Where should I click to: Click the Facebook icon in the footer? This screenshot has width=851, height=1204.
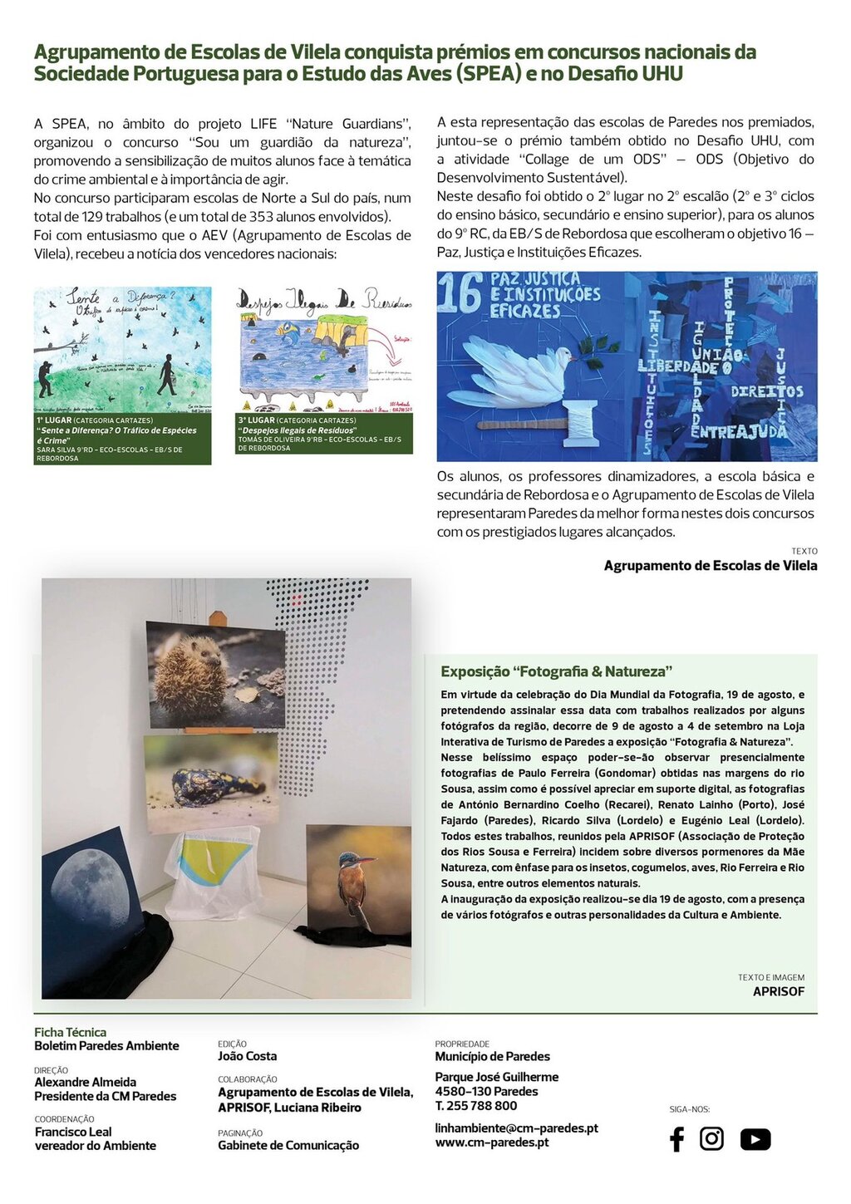pyautogui.click(x=676, y=1139)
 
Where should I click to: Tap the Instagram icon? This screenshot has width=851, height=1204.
pyautogui.click(x=711, y=1138)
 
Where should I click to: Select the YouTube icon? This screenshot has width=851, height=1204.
pyautogui.click(x=755, y=1139)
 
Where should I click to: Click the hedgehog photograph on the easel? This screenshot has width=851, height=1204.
pyautogui.click(x=215, y=674)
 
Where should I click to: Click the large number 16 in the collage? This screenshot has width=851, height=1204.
pyautogui.click(x=460, y=292)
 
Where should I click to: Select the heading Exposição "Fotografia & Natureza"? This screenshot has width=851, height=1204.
pyautogui.click(x=556, y=671)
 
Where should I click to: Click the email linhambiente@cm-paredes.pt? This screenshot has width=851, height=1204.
pyautogui.click(x=516, y=1128)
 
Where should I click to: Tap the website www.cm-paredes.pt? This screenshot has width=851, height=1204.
pyautogui.click(x=491, y=1142)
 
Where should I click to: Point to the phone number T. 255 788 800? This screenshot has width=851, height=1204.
pyautogui.click(x=475, y=1105)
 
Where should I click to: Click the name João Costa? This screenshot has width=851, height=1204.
pyautogui.click(x=247, y=1056)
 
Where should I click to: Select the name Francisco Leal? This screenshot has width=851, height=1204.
pyautogui.click(x=73, y=1132)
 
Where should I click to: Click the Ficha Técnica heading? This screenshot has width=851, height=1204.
pyautogui.click(x=70, y=1032)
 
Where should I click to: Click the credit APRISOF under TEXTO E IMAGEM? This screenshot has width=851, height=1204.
pyautogui.click(x=778, y=991)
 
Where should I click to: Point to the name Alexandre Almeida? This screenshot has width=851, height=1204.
pyautogui.click(x=85, y=1082)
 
